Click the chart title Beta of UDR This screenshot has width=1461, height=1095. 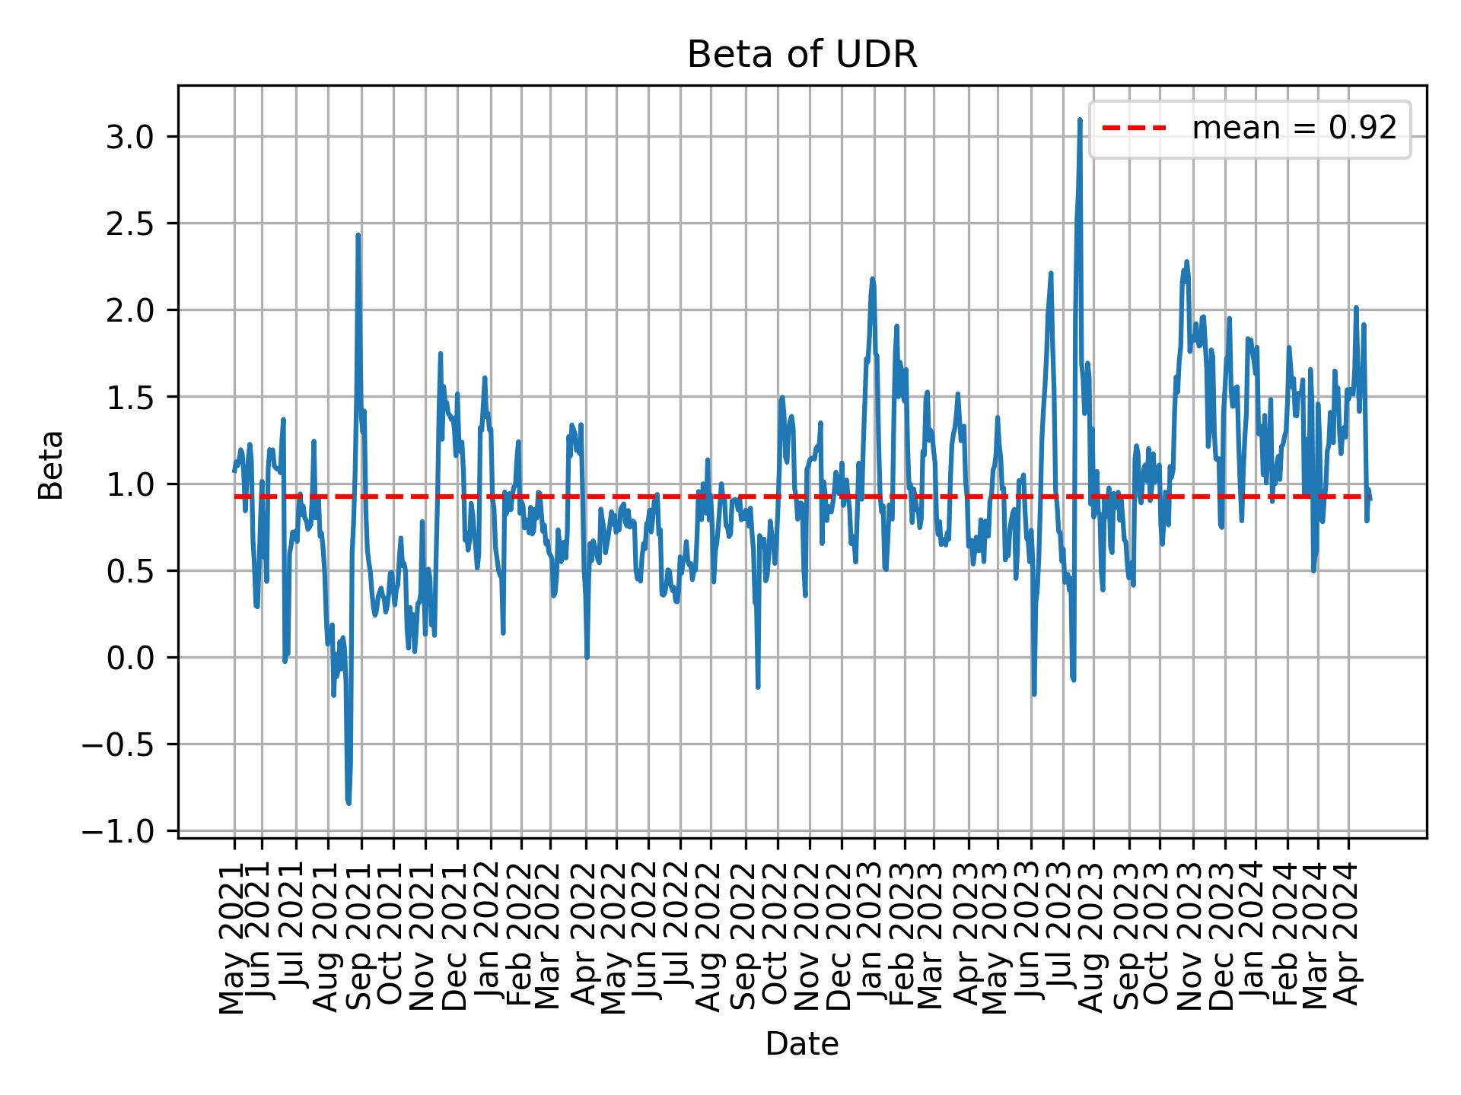(x=802, y=55)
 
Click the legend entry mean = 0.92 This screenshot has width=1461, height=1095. (x=1294, y=129)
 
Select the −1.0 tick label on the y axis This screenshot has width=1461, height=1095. (x=129, y=831)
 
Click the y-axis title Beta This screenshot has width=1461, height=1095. (x=51, y=465)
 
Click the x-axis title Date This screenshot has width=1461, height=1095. (x=802, y=1045)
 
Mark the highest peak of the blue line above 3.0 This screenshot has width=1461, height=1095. (x=1080, y=119)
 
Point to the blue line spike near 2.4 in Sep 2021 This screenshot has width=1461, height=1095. (x=358, y=236)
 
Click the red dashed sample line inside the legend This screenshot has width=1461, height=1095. (x=1134, y=129)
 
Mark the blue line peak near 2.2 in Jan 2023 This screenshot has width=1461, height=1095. (x=873, y=279)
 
